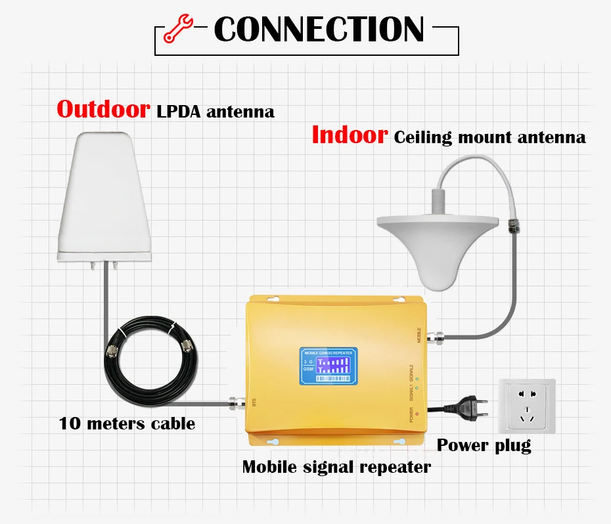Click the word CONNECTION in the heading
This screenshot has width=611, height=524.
319,30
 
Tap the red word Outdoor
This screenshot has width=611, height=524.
103,109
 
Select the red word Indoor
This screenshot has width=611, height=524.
349,135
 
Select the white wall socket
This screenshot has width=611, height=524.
527,406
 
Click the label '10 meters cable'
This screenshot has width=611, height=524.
127,424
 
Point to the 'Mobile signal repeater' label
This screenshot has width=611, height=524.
336,467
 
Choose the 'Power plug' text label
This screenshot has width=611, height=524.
484,445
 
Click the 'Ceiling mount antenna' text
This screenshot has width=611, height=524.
489,137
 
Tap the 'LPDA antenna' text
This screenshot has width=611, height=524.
215,112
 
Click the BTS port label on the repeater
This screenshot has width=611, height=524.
254,402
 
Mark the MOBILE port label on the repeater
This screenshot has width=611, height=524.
419,334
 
